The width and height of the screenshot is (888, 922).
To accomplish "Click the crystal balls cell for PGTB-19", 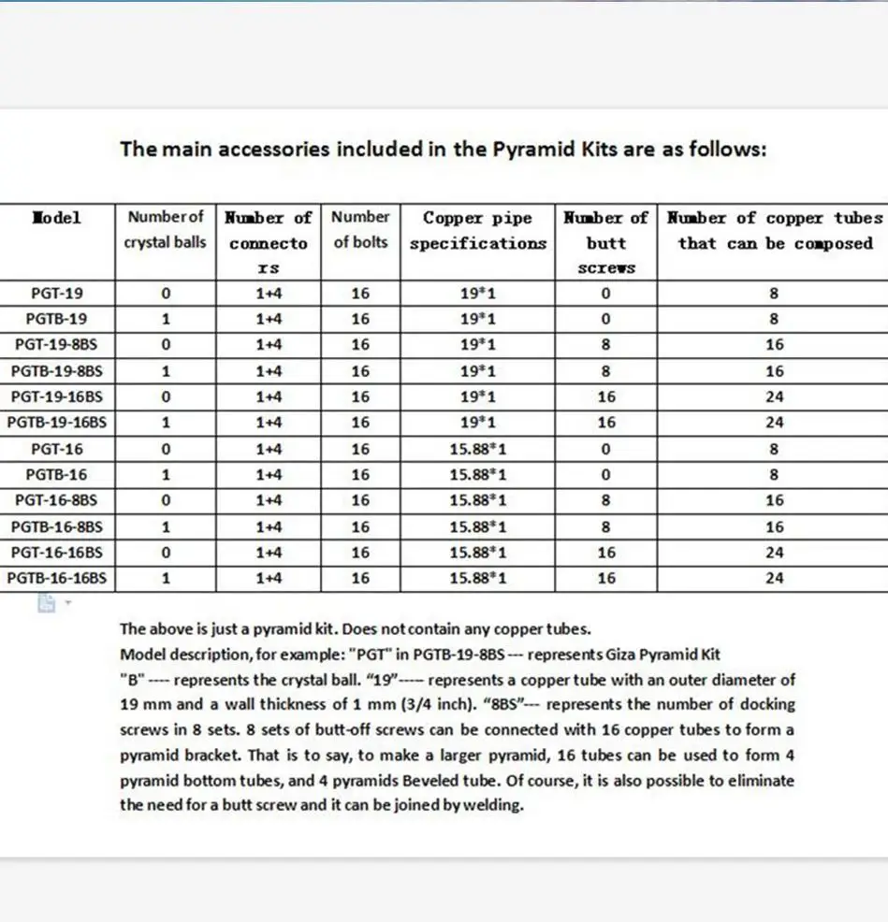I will tap(166, 319).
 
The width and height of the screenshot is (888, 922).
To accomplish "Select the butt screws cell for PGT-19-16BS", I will tap(605, 396).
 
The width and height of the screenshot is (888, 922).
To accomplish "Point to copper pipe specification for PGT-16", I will tap(477, 449).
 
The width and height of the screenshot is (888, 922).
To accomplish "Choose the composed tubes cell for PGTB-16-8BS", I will tap(774, 526).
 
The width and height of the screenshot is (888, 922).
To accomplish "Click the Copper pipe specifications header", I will tap(477, 230).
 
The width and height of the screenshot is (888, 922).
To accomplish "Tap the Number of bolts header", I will tap(360, 229).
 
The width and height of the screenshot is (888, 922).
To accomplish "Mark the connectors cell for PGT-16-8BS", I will tap(269, 500).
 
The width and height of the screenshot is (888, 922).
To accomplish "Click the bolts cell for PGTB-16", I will tap(360, 474).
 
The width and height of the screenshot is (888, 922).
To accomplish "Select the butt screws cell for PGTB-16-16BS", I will tap(605, 578).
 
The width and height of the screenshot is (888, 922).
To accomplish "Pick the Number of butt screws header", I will tap(605, 242).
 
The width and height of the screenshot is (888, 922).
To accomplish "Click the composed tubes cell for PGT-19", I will tap(774, 293).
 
